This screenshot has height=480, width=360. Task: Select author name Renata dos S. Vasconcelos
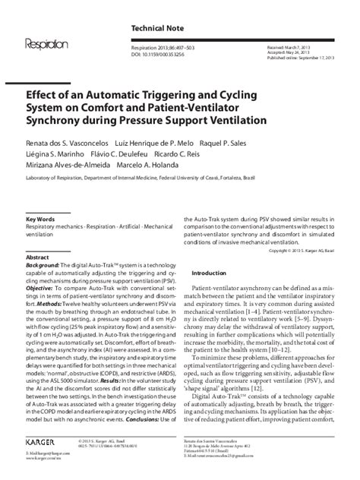pos(68,143)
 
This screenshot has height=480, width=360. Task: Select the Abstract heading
pos(38,257)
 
